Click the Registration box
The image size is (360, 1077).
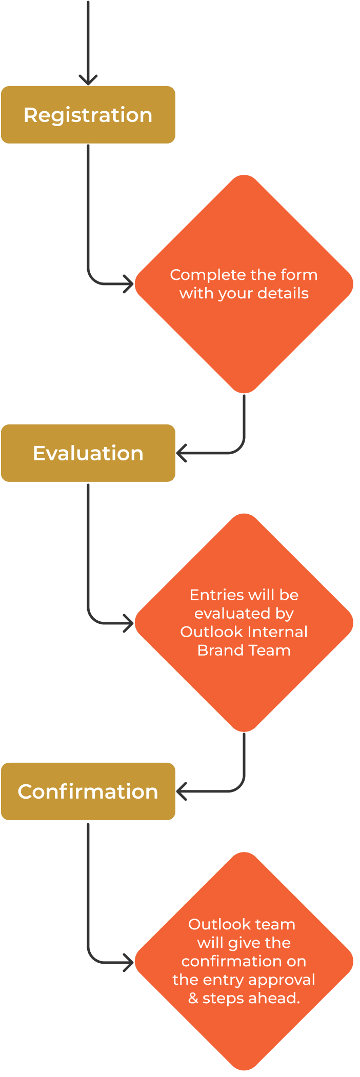(x=88, y=115)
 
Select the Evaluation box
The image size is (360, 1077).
(x=88, y=453)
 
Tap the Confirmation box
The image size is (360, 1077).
(x=88, y=791)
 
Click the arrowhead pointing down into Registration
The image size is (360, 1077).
(x=88, y=79)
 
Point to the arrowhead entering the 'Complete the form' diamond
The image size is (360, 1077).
(x=128, y=283)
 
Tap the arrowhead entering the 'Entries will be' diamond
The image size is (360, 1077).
(x=128, y=623)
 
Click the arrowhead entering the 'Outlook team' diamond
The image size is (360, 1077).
(x=128, y=963)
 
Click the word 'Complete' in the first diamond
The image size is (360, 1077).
(x=201, y=275)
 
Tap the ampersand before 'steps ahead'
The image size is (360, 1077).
(x=193, y=998)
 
